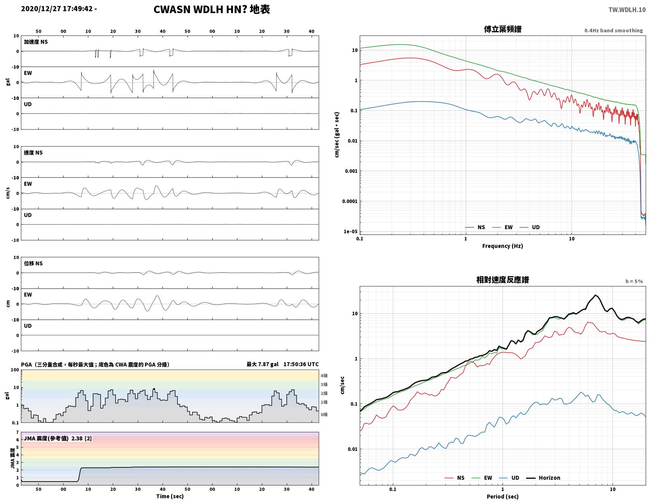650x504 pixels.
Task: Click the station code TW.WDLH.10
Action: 627,9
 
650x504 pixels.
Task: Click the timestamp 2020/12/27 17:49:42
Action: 57,9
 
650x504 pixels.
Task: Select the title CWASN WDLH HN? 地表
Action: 211,9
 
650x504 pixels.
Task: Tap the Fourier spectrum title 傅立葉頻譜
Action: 502,29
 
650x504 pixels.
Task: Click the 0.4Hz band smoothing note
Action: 613,30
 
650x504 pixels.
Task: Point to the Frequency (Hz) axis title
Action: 502,246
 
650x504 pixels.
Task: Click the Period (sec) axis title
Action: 502,496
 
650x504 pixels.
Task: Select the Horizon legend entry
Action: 543,478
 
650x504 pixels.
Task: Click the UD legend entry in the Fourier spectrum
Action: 529,227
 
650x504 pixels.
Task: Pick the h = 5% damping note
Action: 634,281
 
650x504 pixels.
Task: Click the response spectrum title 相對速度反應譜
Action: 502,280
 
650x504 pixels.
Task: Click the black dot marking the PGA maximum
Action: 154,389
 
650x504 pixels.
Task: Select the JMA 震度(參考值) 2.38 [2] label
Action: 58,438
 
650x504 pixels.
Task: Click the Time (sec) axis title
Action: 170,496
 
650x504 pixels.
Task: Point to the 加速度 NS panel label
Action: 35,42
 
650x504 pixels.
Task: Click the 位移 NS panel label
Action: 33,263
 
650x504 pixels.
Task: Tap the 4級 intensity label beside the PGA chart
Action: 324,376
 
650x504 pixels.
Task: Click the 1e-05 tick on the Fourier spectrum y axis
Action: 350,231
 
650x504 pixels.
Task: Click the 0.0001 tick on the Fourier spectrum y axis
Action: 350,201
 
